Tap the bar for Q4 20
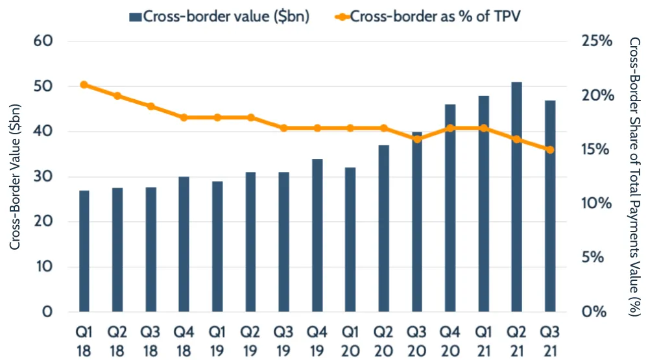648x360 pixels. (x=450, y=208)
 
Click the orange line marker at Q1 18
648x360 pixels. (x=84, y=85)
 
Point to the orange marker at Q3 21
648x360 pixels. (x=550, y=150)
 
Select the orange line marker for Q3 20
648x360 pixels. (x=417, y=139)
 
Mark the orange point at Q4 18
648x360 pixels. (x=184, y=117)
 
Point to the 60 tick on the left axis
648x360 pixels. (x=42, y=42)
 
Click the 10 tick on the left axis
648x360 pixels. (x=42, y=267)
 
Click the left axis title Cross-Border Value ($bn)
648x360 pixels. (x=14, y=176)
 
